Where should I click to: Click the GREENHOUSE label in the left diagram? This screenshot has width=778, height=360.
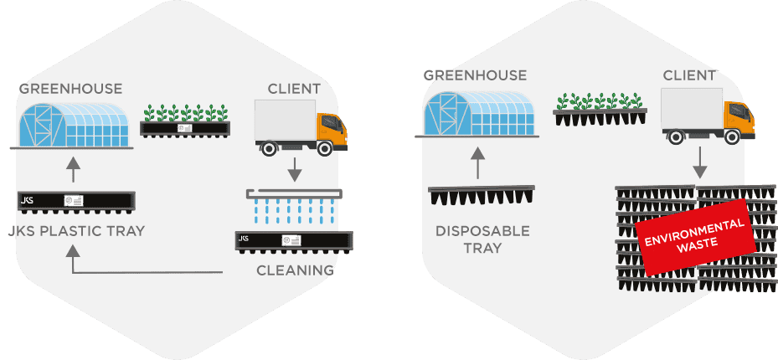70,90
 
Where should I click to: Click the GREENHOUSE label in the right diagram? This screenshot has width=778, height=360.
475,76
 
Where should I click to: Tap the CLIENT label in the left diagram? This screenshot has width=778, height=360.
294,90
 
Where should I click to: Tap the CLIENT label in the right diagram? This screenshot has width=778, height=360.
689,76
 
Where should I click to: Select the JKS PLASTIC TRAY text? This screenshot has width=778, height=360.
76,231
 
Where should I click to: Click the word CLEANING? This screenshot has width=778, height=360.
296,270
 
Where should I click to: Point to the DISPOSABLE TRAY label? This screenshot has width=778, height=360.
482,239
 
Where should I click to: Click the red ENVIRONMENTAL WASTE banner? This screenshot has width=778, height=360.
696,237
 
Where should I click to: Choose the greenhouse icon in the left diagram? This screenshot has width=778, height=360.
72,126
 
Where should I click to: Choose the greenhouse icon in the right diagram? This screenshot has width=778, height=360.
477,114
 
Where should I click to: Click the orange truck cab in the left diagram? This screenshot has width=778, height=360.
332,130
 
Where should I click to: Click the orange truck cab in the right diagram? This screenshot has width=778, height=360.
739,119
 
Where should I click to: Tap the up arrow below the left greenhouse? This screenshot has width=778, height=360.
73,170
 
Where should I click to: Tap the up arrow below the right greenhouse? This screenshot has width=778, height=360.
477,162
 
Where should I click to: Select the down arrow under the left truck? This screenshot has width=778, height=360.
295,170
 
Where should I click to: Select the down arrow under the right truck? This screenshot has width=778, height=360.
699,162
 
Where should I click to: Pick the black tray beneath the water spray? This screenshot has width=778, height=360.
294,242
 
